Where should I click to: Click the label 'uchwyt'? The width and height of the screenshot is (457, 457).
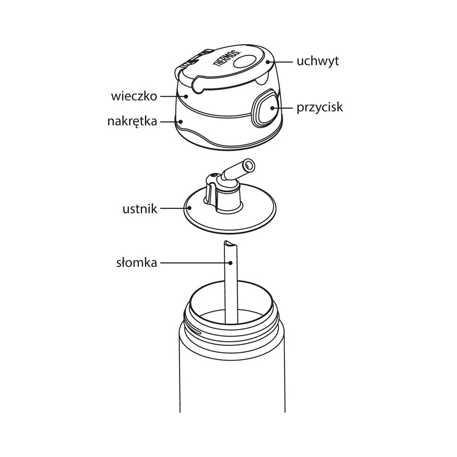tap(317, 61)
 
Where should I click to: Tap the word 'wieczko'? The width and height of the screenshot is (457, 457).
tap(134, 96)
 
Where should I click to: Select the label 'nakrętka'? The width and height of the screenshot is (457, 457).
tap(132, 121)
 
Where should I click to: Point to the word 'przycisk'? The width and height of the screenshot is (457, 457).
tap(320, 107)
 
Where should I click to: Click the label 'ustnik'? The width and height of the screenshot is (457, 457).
tap(140, 208)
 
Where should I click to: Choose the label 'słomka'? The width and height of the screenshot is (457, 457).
tap(137, 263)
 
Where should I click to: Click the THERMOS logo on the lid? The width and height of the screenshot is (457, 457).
tap(227, 59)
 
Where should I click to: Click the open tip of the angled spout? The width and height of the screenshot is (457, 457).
tap(249, 165)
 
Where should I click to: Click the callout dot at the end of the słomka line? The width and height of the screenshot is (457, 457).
tap(230, 263)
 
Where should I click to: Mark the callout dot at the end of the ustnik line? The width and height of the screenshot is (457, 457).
tap(190, 208)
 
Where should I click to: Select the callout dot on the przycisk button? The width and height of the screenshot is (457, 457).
tap(272, 108)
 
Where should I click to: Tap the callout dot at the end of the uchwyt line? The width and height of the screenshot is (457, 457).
tap(268, 62)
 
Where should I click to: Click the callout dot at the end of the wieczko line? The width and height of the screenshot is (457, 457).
tap(186, 96)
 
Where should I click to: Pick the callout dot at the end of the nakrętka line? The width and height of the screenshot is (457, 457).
tap(181, 121)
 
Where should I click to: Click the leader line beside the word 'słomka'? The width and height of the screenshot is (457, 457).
tap(194, 263)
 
